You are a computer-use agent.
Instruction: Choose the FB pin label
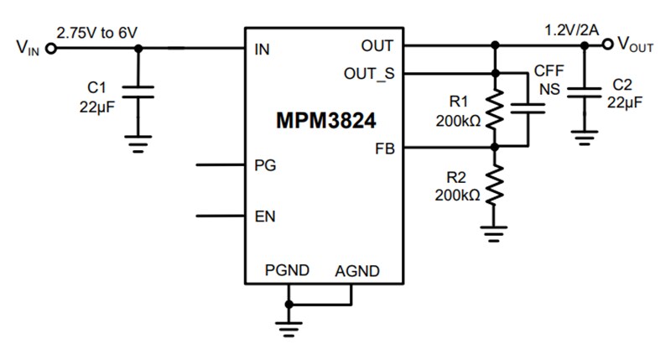[383, 149]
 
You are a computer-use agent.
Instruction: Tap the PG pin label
[264, 165]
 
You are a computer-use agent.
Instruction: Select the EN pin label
[264, 217]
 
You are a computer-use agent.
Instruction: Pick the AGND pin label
[357, 271]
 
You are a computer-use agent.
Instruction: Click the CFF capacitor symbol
[528, 108]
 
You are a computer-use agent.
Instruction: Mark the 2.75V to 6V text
[96, 32]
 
